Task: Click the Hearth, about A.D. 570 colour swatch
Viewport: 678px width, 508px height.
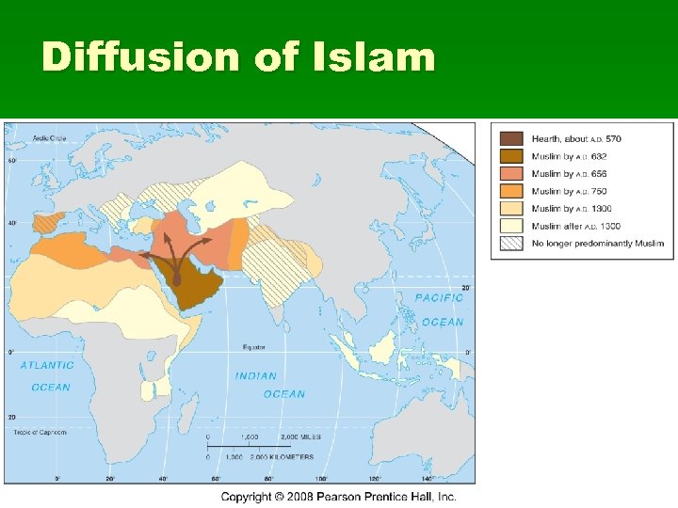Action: click(x=512, y=139)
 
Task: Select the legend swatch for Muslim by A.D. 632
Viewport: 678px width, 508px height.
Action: click(x=512, y=156)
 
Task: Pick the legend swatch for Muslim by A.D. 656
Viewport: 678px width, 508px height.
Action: click(x=512, y=174)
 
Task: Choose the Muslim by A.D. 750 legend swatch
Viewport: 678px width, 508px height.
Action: click(x=512, y=191)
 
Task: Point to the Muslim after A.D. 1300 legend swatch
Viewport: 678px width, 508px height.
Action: click(x=512, y=226)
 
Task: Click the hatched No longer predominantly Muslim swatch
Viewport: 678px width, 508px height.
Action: click(x=512, y=244)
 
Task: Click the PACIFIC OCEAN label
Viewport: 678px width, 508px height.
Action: click(x=440, y=310)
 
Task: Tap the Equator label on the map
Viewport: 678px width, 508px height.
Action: click(x=253, y=346)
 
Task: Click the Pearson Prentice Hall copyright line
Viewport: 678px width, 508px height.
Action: click(x=339, y=496)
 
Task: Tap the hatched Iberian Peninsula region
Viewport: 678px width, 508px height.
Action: click(x=44, y=222)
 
